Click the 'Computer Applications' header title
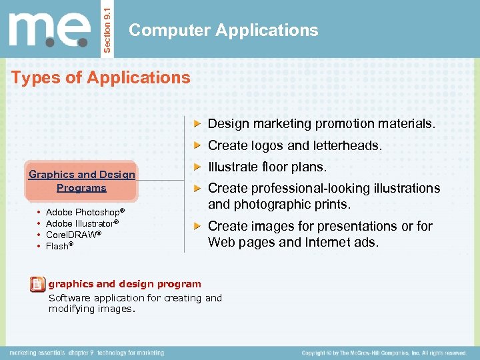tap(223, 30)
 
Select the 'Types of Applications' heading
tap(101, 77)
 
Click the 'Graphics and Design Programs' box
tap(81, 181)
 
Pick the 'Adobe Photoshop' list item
tap(85, 212)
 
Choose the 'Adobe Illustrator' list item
tap(82, 223)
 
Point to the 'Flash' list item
tap(59, 246)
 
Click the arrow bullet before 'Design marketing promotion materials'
tap(197, 124)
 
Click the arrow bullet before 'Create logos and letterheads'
tap(197, 145)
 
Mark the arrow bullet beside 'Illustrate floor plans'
tap(197, 167)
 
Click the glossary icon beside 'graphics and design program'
tap(38, 285)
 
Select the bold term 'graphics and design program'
tap(125, 284)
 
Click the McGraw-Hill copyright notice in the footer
tap(383, 353)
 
